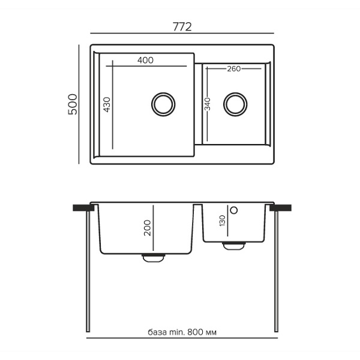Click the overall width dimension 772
(182, 26)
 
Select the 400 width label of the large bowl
(145, 60)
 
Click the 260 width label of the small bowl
(233, 69)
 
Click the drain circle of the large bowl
(163, 103)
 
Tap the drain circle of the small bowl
(233, 104)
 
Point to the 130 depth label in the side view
(222, 221)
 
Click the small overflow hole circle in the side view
(235, 210)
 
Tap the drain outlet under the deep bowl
(153, 257)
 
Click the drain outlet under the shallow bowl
(233, 245)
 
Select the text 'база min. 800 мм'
(182, 332)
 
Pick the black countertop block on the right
(283, 207)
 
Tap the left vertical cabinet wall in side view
(89, 270)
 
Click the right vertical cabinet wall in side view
(277, 270)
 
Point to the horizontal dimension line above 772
(182, 34)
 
